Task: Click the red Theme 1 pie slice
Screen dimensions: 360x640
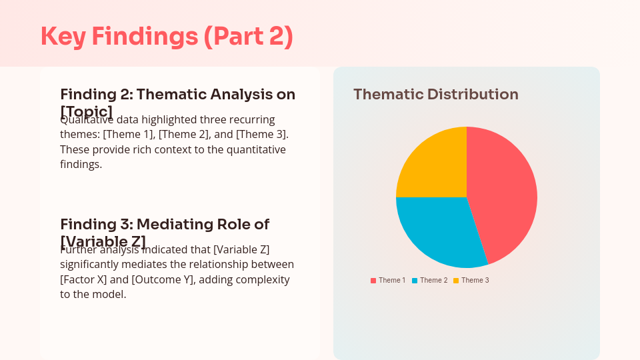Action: [x=503, y=193]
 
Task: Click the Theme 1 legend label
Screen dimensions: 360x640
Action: [x=392, y=281]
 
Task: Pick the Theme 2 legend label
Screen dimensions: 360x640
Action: [x=433, y=281]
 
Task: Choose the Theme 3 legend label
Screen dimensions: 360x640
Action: [x=475, y=281]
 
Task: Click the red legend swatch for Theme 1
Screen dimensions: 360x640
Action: [x=373, y=281]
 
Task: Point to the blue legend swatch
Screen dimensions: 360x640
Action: [x=415, y=281]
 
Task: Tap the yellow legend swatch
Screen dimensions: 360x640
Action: [x=456, y=281]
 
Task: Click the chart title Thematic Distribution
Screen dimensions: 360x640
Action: [x=435, y=95]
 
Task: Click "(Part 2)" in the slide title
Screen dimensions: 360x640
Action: [x=248, y=36]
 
